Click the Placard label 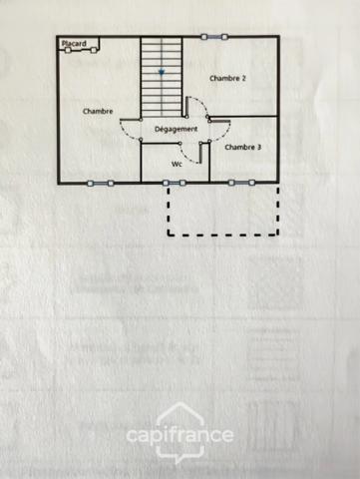(x=72, y=44)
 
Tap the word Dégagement (x=176, y=130)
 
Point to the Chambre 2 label (x=227, y=77)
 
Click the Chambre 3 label (x=243, y=147)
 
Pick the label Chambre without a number (x=98, y=111)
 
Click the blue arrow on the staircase (x=162, y=73)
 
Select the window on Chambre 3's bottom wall (x=240, y=183)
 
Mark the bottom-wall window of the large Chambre (x=100, y=183)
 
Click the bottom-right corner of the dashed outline (x=275, y=236)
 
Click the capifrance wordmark (x=180, y=436)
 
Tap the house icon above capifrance (x=180, y=414)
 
